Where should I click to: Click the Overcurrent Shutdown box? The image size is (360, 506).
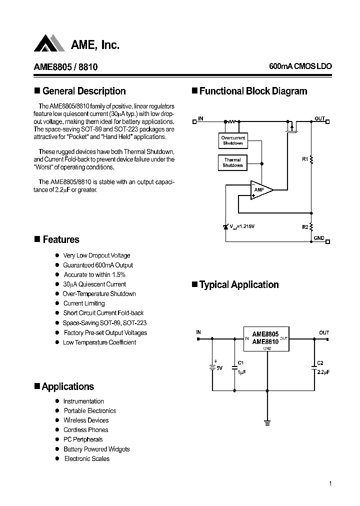[x=232, y=140]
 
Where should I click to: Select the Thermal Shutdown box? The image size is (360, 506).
[x=232, y=162]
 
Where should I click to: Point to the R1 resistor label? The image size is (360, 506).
[x=305, y=159]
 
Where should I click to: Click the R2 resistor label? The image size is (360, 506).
[x=305, y=227]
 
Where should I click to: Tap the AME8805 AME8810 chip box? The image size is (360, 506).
[x=265, y=338]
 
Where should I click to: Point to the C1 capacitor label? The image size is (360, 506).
[x=240, y=362]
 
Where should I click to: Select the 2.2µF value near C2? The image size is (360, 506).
[x=323, y=372]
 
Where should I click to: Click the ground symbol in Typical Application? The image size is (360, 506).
[x=267, y=423]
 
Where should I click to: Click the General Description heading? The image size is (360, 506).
[x=84, y=91]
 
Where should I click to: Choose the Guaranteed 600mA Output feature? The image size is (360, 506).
[x=98, y=265]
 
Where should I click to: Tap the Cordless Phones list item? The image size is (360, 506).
[x=85, y=430]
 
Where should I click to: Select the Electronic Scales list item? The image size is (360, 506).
[x=86, y=458]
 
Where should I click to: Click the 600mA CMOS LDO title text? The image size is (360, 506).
[x=300, y=66]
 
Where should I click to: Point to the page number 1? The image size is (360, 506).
[x=330, y=483]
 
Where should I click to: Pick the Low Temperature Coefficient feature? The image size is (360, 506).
[x=99, y=342]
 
